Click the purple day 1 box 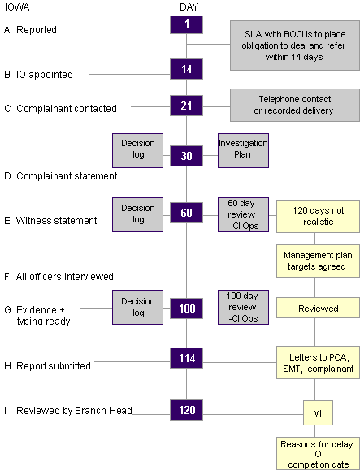tap(186, 24)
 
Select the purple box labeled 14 tap(186, 69)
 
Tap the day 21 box tap(186, 106)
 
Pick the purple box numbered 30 tap(186, 156)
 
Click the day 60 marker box tap(186, 214)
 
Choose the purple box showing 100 tap(186, 308)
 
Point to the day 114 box tap(186, 357)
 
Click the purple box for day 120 tap(186, 410)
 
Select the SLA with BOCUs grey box tap(293, 46)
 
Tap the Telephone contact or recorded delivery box tap(293, 105)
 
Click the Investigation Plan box tap(243, 150)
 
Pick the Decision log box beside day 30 tap(137, 150)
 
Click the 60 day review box tap(243, 214)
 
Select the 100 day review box tap(243, 307)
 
